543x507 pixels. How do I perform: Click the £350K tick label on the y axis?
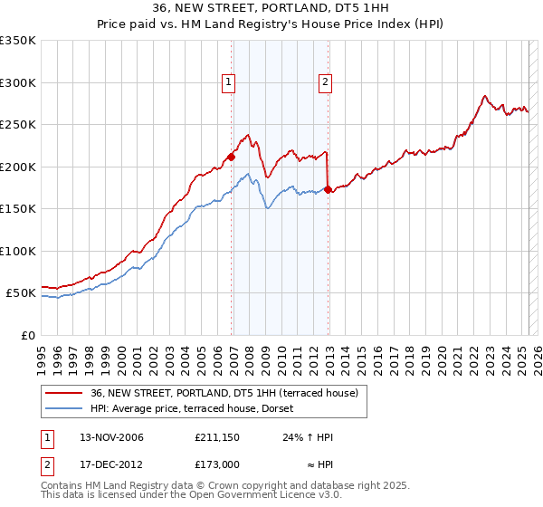pyautogui.click(x=18, y=41)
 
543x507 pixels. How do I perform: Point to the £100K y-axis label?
pyautogui.click(x=18, y=251)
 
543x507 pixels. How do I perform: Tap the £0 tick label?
pyautogui.click(x=26, y=335)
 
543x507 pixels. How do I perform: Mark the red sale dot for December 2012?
pyautogui.click(x=329, y=190)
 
